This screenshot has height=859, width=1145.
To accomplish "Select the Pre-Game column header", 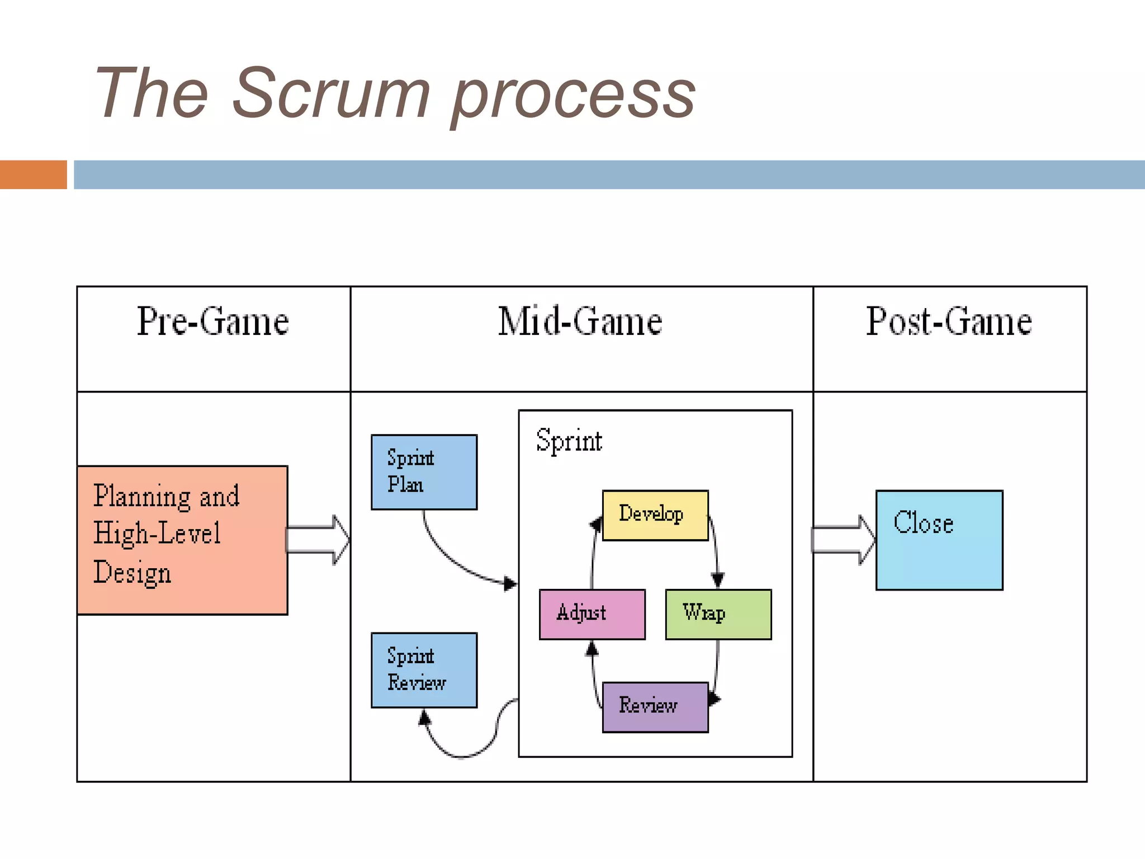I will tap(213, 322).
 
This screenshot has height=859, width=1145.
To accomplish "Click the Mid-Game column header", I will tap(580, 322).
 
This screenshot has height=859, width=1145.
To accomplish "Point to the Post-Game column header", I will tap(949, 322).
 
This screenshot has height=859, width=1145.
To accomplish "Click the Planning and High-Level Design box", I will tap(182, 540).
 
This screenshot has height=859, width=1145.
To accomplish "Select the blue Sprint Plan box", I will tap(424, 472).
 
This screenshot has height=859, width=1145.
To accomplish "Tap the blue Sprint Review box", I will tap(424, 670).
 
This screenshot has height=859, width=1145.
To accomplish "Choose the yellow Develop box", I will tap(655, 515).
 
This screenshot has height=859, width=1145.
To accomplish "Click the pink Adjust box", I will tap(592, 614).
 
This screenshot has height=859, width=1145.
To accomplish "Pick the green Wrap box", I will tap(718, 614).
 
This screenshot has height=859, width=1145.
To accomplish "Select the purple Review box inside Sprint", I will tap(655, 707).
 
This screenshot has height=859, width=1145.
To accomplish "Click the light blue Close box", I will tap(939, 540).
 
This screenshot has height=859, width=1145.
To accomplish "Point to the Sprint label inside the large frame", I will tap(569, 441).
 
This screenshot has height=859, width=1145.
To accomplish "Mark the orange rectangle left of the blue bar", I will tap(33, 174).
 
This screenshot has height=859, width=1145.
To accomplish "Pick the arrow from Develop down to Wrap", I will tap(716, 551).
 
